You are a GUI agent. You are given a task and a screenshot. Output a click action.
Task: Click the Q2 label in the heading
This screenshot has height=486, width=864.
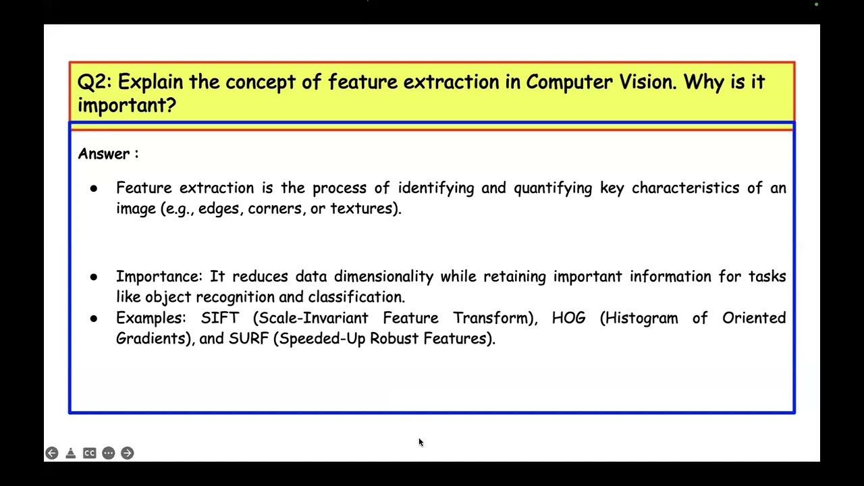(x=94, y=82)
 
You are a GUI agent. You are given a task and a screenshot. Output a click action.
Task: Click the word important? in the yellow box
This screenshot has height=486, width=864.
(x=126, y=105)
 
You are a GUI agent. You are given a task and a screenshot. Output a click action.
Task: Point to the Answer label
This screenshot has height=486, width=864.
(x=104, y=154)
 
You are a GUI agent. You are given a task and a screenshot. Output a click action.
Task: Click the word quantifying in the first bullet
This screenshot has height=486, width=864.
(x=553, y=188)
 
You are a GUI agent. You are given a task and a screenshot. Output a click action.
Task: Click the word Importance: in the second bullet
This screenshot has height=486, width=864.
(x=159, y=277)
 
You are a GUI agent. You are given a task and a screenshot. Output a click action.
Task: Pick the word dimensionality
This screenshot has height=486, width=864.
(x=383, y=277)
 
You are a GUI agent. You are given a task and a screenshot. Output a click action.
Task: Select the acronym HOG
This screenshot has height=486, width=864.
(x=568, y=318)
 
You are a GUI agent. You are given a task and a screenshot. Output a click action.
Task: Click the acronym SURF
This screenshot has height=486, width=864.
(x=248, y=338)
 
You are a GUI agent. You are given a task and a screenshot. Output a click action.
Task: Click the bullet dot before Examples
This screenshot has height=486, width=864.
(x=94, y=318)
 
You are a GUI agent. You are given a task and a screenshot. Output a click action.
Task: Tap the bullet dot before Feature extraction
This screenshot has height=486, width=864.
(x=94, y=188)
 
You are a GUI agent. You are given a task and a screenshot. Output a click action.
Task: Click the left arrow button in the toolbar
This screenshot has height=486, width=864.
(x=52, y=453)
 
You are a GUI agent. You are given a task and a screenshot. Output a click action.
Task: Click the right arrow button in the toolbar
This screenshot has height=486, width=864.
(x=128, y=453)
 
